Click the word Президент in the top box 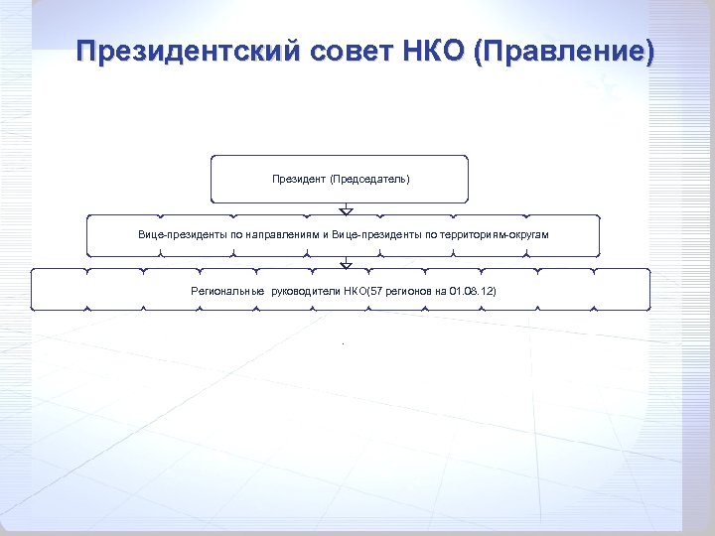299,180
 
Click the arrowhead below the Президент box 346,210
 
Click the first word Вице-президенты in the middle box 181,235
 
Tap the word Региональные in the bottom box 227,291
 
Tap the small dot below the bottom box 342,343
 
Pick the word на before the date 440,291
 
